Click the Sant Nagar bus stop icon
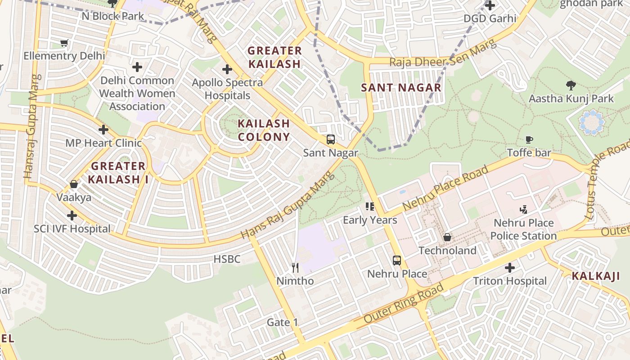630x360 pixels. [331, 139]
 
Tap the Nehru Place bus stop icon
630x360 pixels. [397, 260]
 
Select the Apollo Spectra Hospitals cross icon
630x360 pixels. [227, 69]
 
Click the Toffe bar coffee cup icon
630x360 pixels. [529, 139]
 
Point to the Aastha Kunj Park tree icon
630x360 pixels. [571, 85]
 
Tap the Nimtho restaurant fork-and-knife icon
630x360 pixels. [295, 268]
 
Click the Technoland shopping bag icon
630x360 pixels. [448, 237]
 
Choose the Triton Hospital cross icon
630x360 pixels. [509, 268]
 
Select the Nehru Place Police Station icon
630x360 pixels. [523, 209]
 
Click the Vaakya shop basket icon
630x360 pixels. [74, 184]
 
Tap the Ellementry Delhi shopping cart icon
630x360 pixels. [64, 43]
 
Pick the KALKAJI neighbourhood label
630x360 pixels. [596, 276]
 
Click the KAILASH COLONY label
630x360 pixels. [264, 130]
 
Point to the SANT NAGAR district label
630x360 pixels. [401, 88]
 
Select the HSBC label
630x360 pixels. [227, 259]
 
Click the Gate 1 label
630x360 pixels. [282, 322]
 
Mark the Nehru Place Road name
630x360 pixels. [445, 189]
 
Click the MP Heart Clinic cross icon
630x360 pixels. [103, 130]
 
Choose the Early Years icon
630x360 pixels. [370, 207]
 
